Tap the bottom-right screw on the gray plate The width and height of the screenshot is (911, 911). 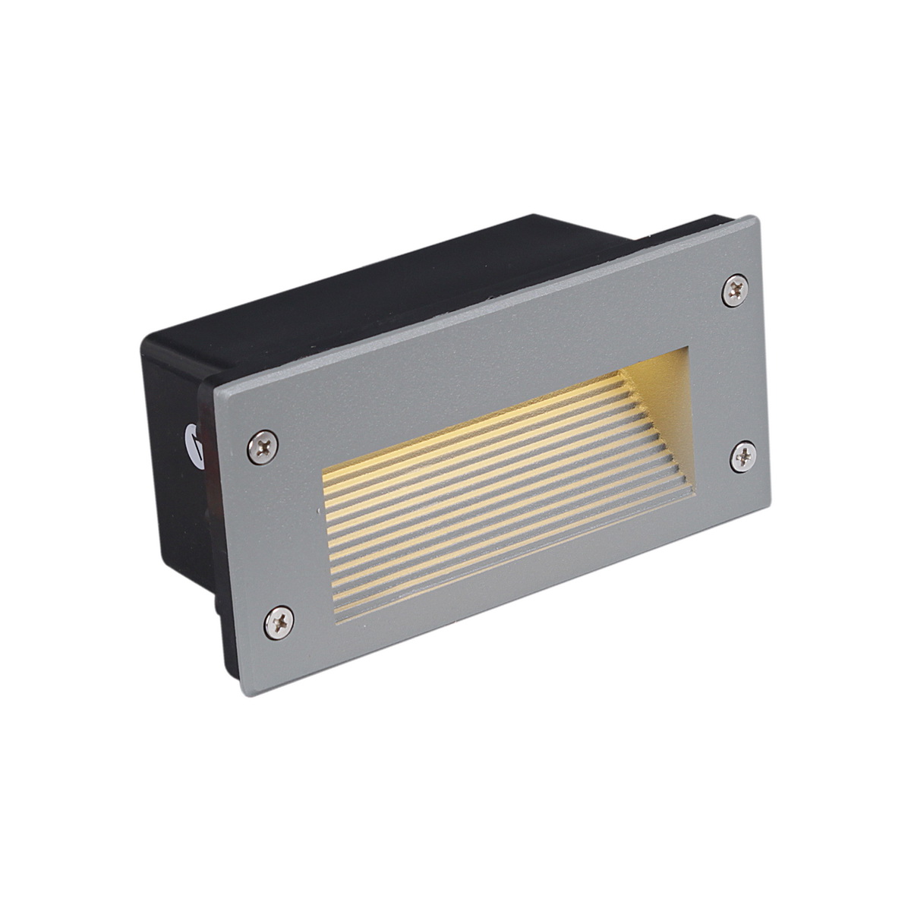point(742,456)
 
